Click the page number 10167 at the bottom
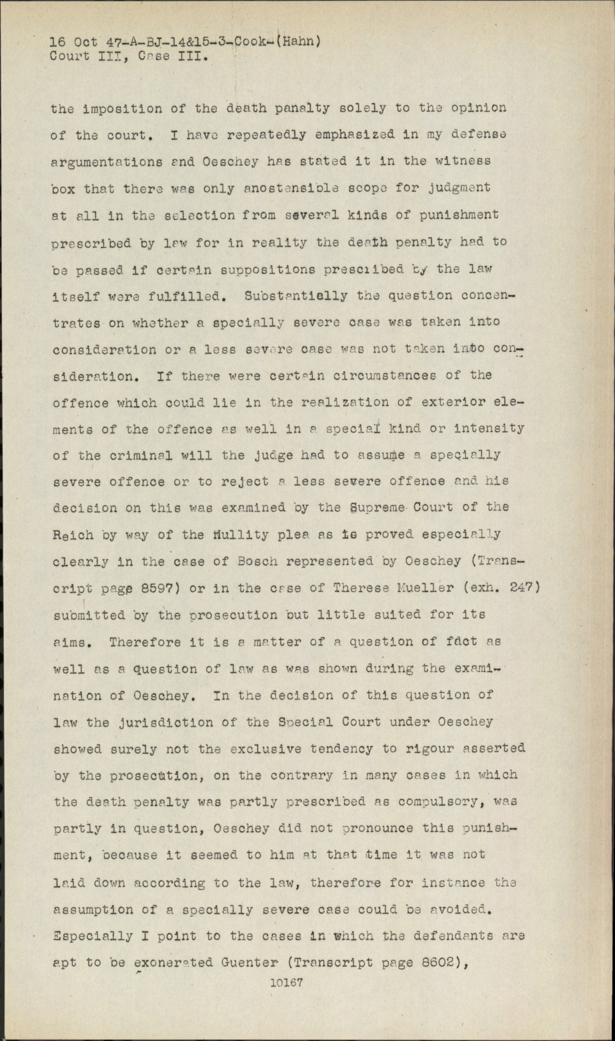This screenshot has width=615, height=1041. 286,983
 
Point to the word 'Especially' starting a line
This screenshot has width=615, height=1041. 85,936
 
